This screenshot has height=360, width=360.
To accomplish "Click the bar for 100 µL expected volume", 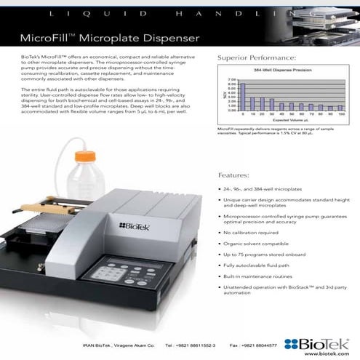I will pos(340,108).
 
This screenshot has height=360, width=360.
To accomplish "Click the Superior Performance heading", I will pos(257,57).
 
